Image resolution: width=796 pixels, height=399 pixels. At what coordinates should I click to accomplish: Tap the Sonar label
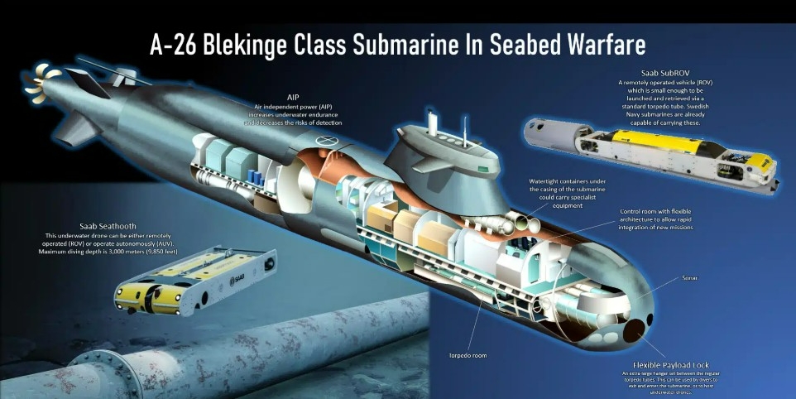pos(690,278)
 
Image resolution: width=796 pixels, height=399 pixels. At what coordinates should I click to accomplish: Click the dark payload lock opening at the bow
pos(637,330)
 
